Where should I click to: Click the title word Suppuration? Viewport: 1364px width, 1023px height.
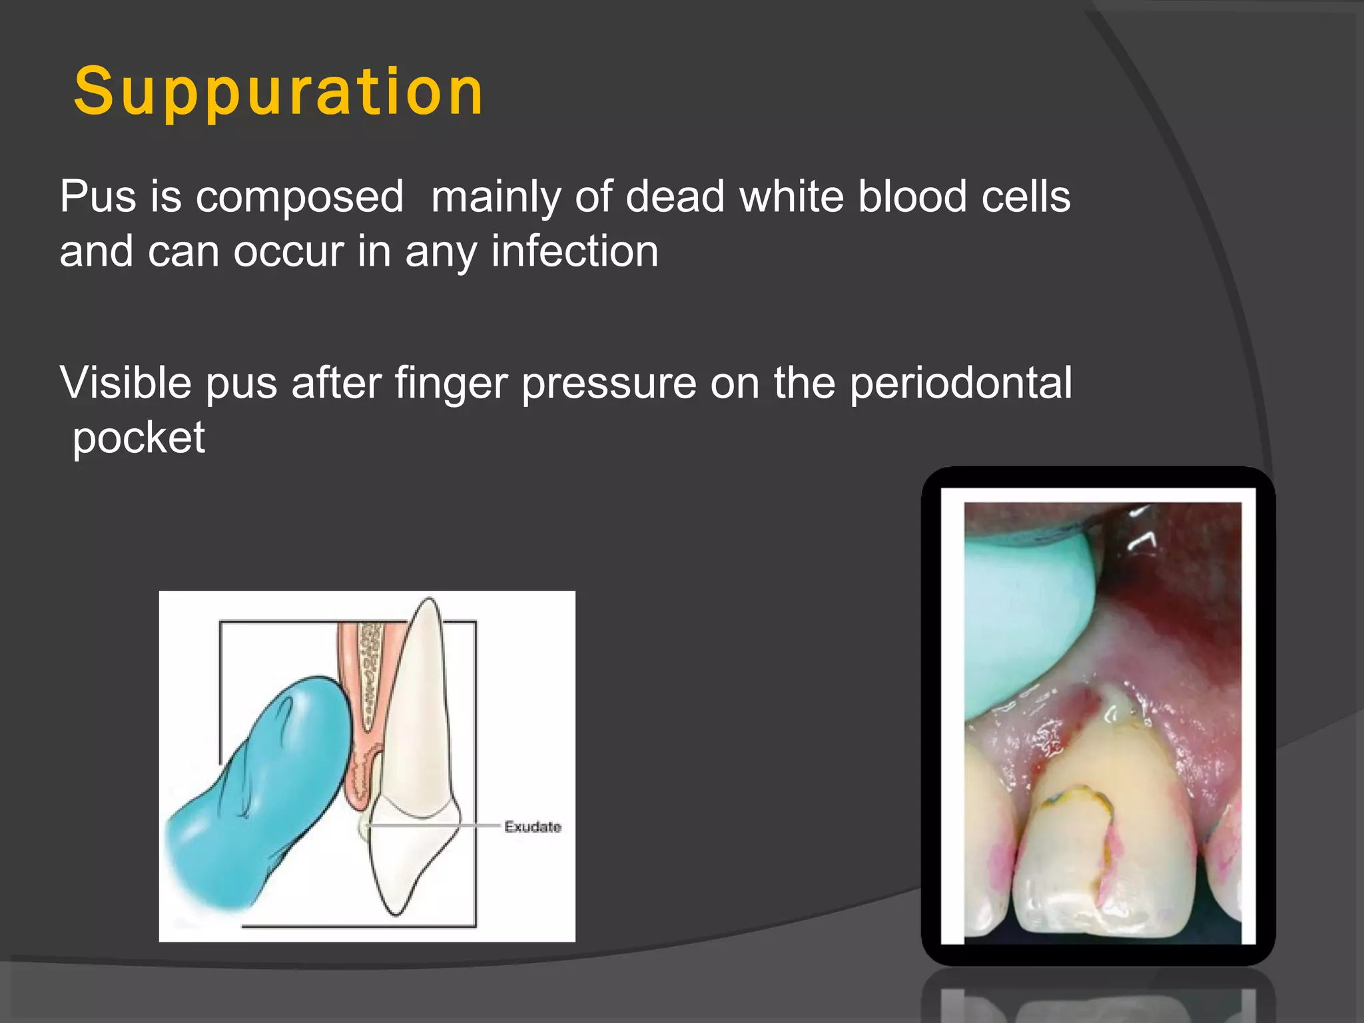pyautogui.click(x=278, y=92)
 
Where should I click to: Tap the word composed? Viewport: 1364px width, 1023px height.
pyautogui.click(x=299, y=198)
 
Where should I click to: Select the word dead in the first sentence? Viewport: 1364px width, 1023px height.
pyautogui.click(x=675, y=196)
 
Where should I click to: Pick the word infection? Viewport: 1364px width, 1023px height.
pyautogui.click(x=574, y=252)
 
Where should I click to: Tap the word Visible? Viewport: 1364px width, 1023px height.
pyautogui.click(x=125, y=383)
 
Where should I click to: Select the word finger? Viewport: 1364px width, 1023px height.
pyautogui.click(x=450, y=384)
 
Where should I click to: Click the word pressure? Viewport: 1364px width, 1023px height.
pyautogui.click(x=609, y=384)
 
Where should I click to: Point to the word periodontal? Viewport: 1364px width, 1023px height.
pyautogui.click(x=960, y=383)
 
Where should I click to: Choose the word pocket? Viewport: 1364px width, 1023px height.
pyautogui.click(x=139, y=439)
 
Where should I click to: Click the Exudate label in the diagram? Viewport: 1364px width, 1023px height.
pyautogui.click(x=532, y=827)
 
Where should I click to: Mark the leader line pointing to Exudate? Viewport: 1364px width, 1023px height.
pyautogui.click(x=433, y=826)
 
